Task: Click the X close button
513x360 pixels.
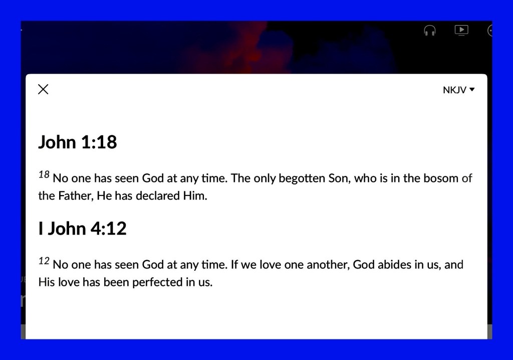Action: (43, 89)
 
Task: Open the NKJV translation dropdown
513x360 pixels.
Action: (459, 90)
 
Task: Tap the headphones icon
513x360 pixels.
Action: (429, 31)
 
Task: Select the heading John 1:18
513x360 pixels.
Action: (78, 142)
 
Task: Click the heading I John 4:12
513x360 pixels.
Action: (82, 228)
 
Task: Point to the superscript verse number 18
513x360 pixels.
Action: (44, 174)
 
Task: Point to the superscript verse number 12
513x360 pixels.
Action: (44, 261)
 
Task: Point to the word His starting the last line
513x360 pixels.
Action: (47, 282)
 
